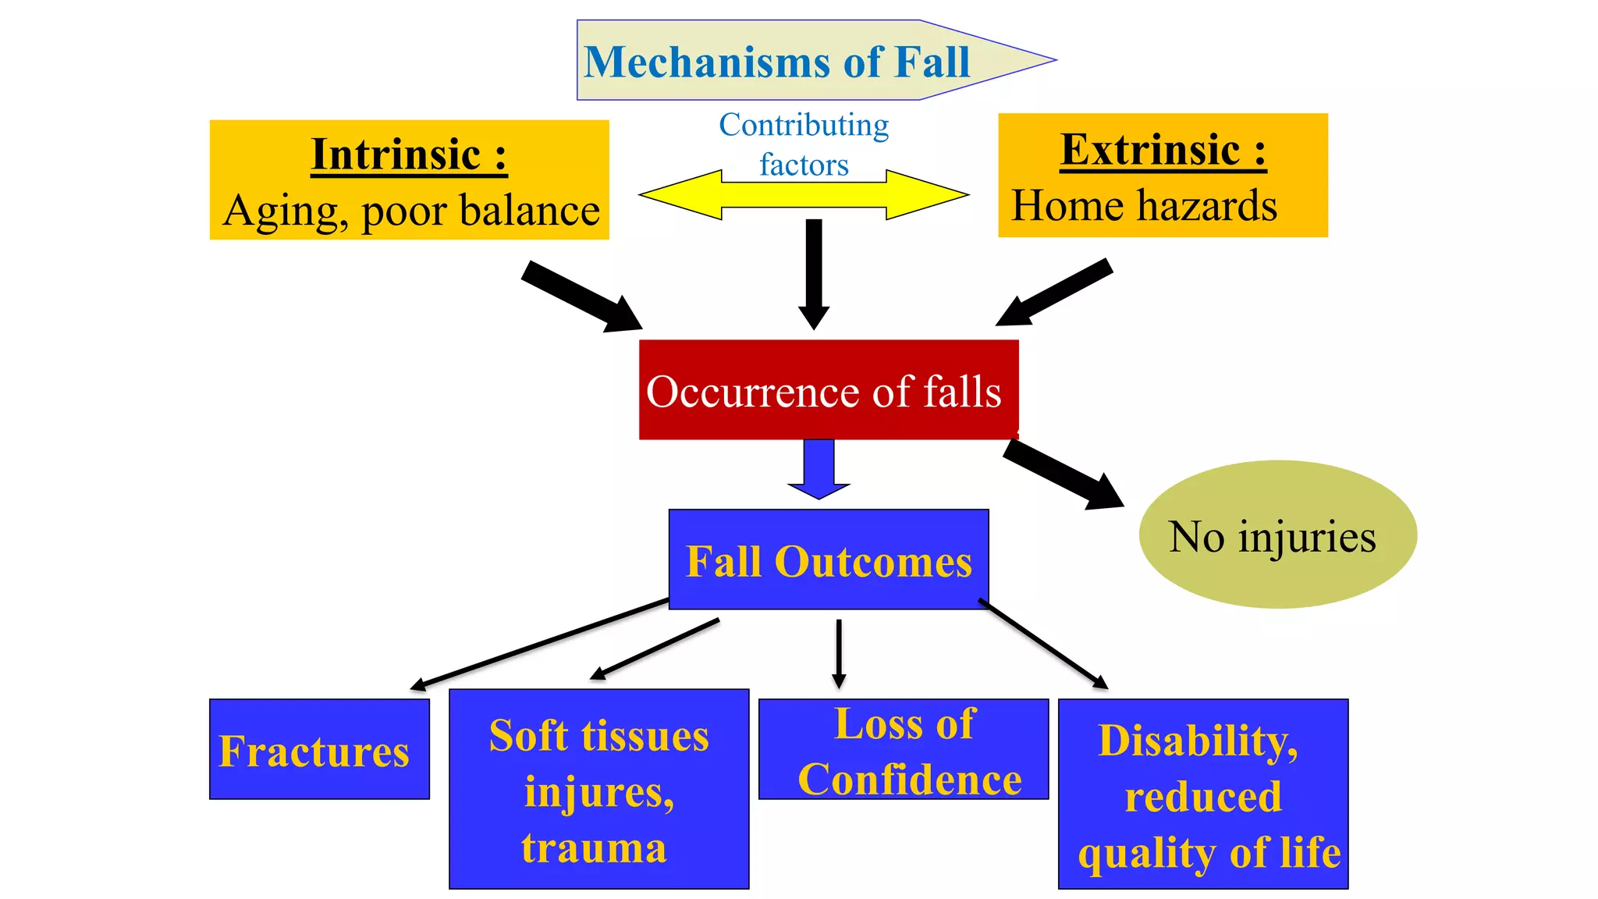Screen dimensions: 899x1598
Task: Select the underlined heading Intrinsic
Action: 409,154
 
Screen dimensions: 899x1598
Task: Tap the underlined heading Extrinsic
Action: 1163,149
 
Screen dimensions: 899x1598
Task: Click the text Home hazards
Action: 1144,206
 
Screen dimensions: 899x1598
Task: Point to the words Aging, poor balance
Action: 411,211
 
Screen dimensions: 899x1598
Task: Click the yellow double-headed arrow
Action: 804,195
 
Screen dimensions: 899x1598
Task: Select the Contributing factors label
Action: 804,144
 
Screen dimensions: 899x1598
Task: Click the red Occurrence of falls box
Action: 828,390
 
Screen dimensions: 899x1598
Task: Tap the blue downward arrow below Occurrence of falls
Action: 819,468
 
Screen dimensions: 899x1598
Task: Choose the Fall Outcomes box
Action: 829,560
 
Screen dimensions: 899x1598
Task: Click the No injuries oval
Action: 1277,535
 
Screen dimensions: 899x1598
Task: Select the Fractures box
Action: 319,749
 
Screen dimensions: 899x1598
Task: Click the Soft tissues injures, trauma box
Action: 598,790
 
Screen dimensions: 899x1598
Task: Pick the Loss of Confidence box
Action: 904,750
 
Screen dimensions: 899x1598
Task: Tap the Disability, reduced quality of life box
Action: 1202,794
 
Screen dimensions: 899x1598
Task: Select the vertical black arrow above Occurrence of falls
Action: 814,273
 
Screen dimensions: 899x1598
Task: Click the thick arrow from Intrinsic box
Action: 581,297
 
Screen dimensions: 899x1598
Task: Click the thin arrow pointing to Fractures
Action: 538,644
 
